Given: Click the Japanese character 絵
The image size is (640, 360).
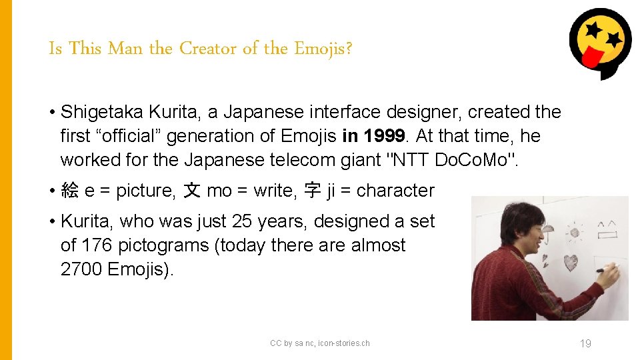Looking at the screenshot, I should (x=69, y=191).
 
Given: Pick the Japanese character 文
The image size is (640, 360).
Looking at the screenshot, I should (x=192, y=191).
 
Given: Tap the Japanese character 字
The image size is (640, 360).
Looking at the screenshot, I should (x=312, y=191).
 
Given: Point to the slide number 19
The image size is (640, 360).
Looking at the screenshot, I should (x=585, y=343).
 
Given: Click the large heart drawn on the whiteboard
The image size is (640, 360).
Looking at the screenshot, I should (x=571, y=262).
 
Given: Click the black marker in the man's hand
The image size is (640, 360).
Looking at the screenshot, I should (x=608, y=270).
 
